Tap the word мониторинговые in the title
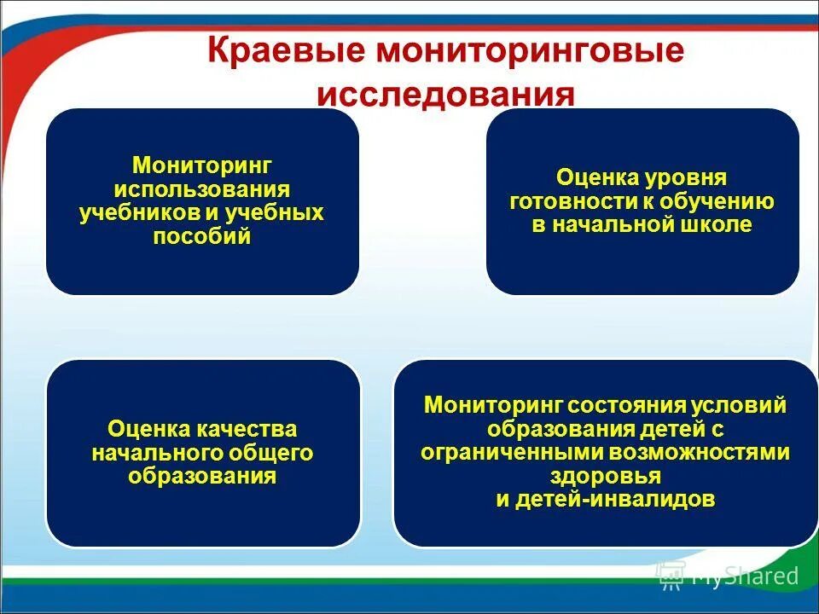point(531,52)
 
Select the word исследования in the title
point(445,93)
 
